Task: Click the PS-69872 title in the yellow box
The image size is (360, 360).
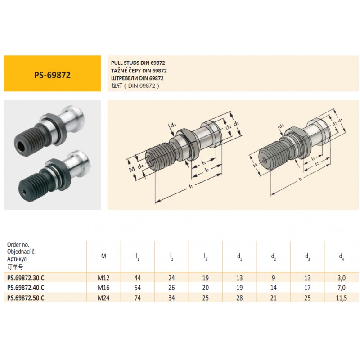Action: click(52, 75)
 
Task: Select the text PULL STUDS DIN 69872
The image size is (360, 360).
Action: click(138, 63)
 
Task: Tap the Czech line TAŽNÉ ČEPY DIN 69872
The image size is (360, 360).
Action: click(139, 71)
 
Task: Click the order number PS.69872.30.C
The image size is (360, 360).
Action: click(26, 278)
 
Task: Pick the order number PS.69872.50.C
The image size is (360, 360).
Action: click(26, 298)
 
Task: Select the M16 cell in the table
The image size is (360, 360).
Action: click(103, 288)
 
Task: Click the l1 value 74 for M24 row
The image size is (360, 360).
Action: click(138, 298)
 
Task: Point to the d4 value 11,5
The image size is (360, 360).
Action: click(342, 298)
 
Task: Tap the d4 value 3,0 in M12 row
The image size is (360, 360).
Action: click(342, 278)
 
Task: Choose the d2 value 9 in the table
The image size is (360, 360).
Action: click(274, 278)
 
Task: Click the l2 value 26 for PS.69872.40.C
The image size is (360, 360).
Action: click(171, 288)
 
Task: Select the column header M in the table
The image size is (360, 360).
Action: click(103, 256)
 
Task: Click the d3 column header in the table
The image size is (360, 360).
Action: click(307, 256)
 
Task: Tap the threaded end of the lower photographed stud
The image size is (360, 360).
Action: click(31, 186)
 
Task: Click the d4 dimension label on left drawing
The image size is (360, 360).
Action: click(140, 166)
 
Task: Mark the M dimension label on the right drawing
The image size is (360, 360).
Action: click(255, 165)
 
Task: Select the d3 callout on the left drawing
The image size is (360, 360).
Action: click(173, 125)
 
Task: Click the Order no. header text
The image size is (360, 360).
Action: click(18, 244)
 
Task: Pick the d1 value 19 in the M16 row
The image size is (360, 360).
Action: click(239, 288)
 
